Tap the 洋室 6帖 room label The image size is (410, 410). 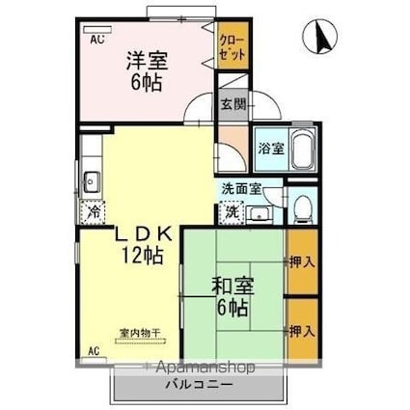click(146, 71)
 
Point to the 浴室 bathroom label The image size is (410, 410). click(270, 149)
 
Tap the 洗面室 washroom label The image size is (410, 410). click(236, 190)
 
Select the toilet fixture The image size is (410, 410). click(303, 205)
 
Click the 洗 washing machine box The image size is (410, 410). click(232, 212)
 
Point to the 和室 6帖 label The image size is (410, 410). click(231, 296)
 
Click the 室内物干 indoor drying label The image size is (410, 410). click(139, 333)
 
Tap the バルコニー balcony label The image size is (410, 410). click(197, 384)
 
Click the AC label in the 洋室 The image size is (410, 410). click(97, 40)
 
